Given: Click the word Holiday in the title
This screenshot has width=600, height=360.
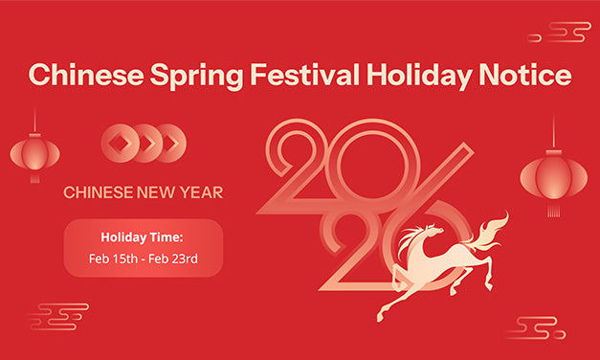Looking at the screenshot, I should (402, 76).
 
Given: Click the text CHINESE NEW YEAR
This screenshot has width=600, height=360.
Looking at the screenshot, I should (144, 192).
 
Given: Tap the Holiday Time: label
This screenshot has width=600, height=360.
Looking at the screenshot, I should (144, 236).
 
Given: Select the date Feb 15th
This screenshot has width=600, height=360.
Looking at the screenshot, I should (113, 259).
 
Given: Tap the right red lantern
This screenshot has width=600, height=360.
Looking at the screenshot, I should (553, 176).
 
